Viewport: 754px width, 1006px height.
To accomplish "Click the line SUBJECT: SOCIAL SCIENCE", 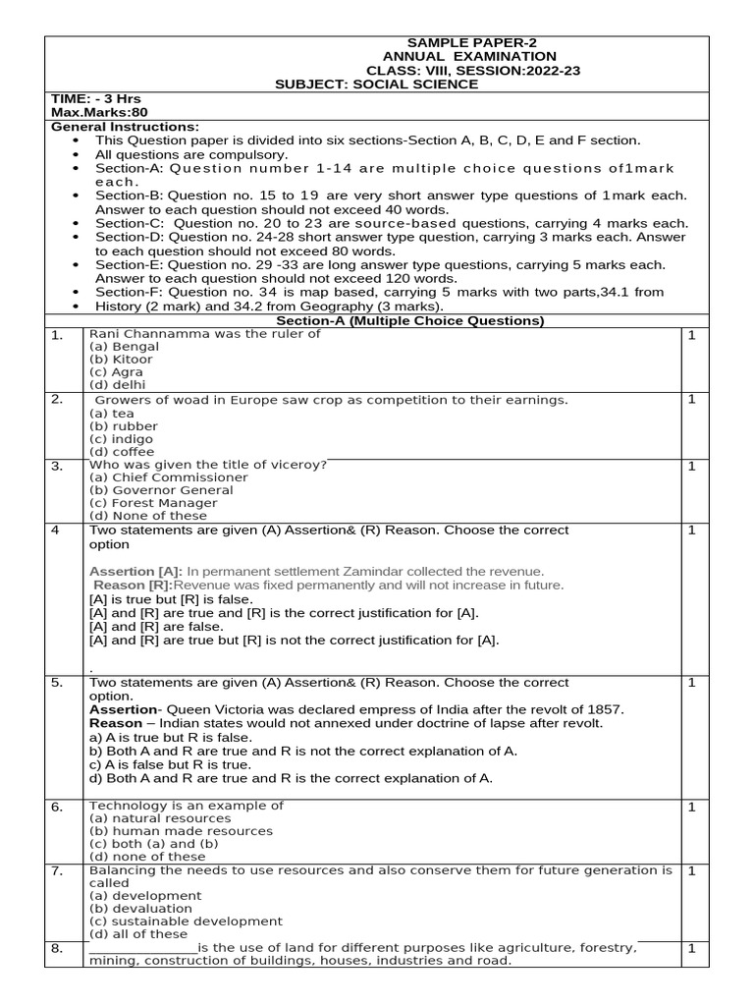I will click(378, 84).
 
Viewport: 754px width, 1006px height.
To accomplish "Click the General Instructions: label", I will click(125, 127).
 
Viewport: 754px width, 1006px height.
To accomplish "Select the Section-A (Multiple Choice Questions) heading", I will click(409, 321).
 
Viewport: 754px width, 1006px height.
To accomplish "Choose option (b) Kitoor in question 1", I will click(121, 360).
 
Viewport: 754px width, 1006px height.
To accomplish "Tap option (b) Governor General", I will click(161, 490).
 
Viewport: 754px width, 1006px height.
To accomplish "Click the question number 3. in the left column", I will click(57, 466).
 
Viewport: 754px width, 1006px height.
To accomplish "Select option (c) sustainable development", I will click(186, 922).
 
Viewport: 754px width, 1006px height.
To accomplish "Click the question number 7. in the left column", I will click(57, 871).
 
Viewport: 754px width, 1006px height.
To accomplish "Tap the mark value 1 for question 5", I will click(691, 683).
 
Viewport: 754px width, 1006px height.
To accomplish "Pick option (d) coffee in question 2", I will click(123, 452).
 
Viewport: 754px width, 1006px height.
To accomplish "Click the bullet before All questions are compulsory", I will click(77, 155).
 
